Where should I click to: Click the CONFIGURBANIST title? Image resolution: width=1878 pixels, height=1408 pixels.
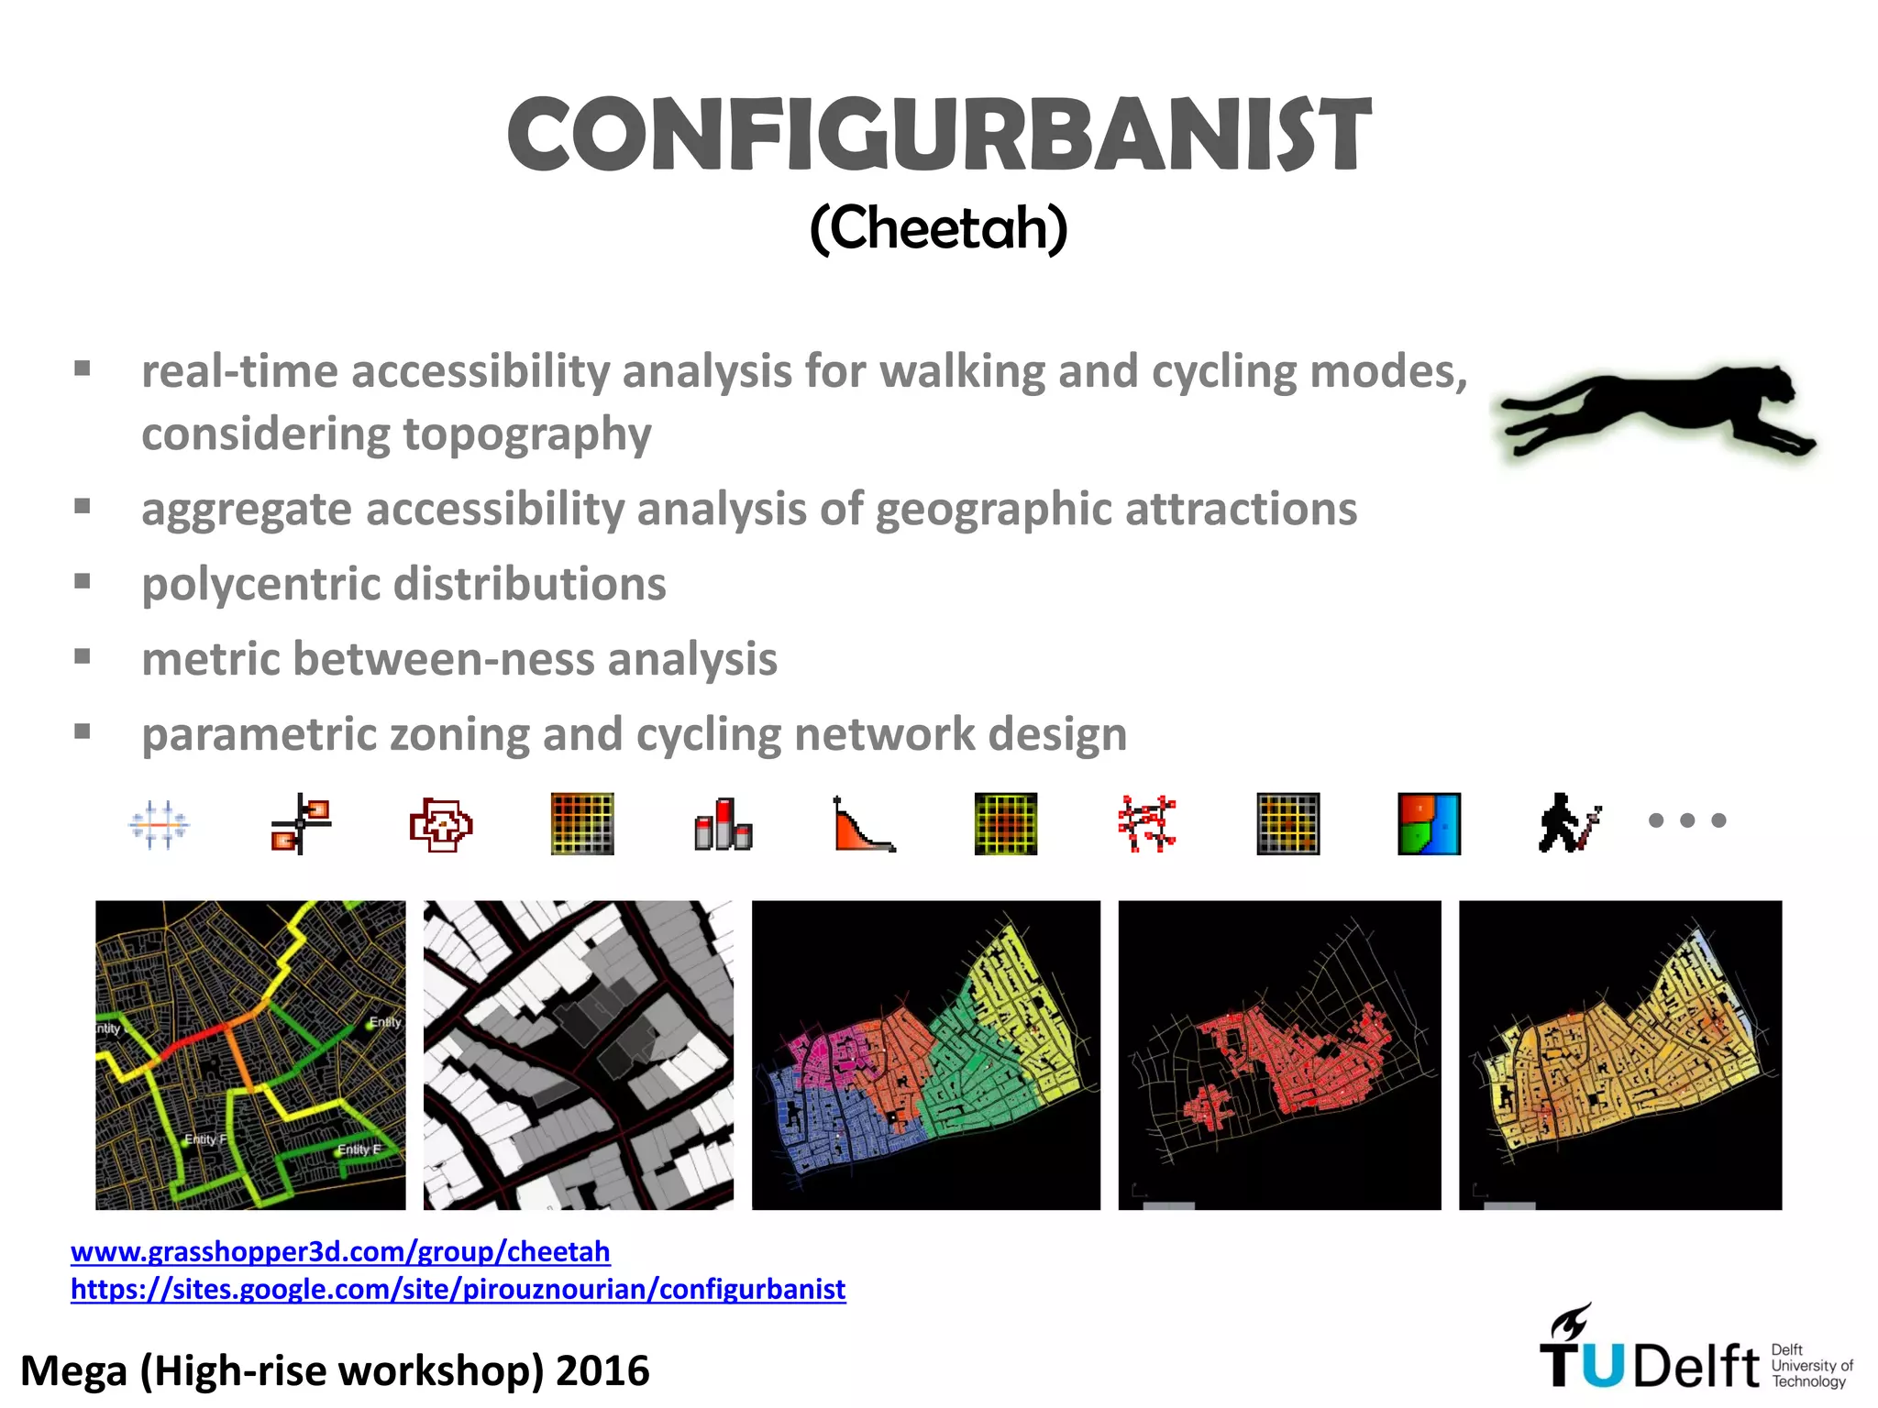[938, 136]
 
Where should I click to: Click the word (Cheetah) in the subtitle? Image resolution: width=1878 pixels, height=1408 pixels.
[938, 228]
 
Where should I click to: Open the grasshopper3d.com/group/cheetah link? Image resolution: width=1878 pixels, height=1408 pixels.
[340, 1251]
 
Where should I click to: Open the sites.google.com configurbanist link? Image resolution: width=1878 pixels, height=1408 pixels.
[458, 1289]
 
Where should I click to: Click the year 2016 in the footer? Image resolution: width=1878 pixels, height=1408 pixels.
[602, 1371]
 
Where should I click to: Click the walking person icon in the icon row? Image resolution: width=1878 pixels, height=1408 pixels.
[1569, 822]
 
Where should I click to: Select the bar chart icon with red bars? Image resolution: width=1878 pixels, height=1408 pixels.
[724, 823]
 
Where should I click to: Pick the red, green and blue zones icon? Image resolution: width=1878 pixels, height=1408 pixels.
[1429, 823]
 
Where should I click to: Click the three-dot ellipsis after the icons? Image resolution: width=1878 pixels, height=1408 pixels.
[1687, 820]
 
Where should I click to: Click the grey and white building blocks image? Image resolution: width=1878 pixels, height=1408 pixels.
[578, 1055]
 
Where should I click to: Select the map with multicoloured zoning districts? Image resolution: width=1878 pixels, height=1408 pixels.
[925, 1055]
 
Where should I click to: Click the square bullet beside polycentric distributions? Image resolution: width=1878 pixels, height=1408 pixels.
[83, 581]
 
